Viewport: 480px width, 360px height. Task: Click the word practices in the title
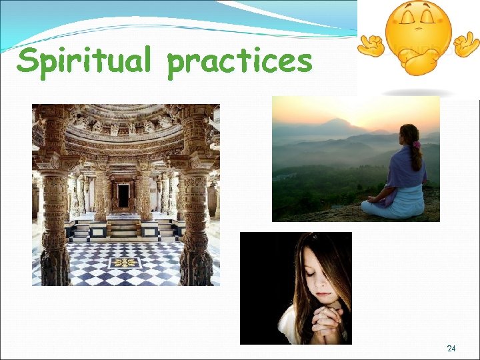coord(240,62)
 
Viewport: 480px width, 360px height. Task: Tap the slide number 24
coord(451,349)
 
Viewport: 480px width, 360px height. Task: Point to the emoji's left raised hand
coord(369,46)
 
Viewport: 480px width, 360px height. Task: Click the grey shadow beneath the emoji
coord(419,92)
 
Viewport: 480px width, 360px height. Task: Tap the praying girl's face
coord(319,280)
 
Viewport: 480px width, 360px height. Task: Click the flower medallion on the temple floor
coord(125,263)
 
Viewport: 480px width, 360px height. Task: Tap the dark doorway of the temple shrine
coord(123,195)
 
